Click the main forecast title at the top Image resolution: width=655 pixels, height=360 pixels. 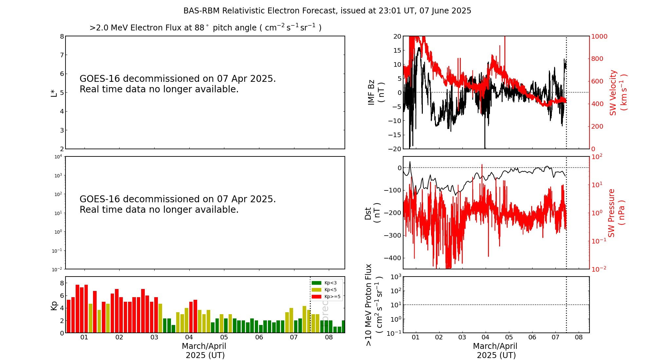[x=327, y=11]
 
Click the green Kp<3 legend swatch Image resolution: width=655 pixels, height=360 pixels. [x=316, y=283]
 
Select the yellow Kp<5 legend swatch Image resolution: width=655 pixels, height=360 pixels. [x=316, y=290]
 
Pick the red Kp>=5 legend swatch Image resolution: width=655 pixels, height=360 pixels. [x=316, y=297]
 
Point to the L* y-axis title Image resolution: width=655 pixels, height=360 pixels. [x=54, y=93]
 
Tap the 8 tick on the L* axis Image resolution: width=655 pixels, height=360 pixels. [x=62, y=36]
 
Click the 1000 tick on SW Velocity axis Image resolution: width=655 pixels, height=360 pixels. [x=599, y=36]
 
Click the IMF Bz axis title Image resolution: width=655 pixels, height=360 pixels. [x=376, y=93]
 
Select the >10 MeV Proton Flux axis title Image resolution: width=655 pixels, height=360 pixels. [x=374, y=305]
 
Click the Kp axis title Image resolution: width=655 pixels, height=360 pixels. [x=54, y=305]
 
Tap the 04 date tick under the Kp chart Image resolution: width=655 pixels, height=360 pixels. [x=189, y=337]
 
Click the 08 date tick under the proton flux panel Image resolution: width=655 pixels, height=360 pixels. [x=579, y=337]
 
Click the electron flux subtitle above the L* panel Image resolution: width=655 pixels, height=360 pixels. [x=205, y=28]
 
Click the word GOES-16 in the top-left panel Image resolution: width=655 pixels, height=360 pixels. [x=100, y=79]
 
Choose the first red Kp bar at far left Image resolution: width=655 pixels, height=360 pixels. [x=69, y=316]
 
